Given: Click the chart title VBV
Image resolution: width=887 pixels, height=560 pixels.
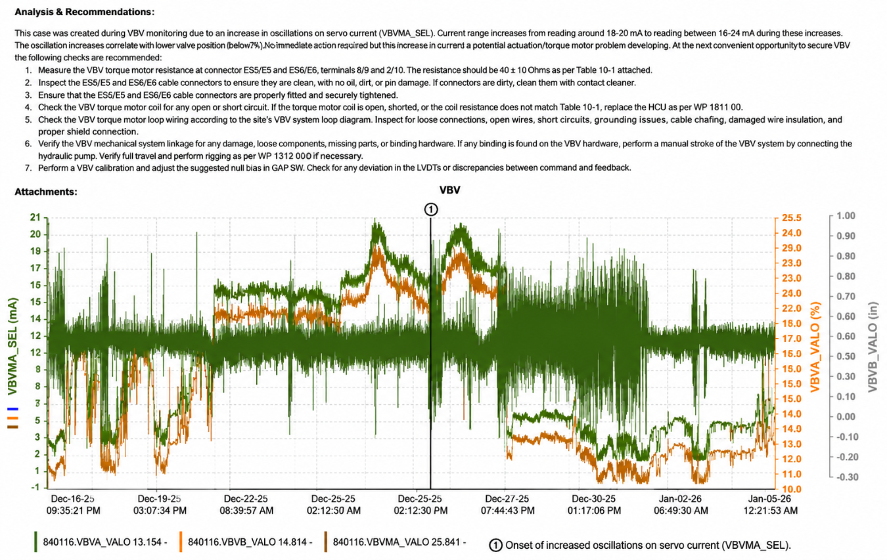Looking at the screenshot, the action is [x=449, y=190].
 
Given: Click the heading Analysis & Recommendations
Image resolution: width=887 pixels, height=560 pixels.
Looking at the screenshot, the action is [x=84, y=12].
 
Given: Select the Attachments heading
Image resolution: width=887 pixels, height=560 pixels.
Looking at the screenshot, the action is [x=46, y=192].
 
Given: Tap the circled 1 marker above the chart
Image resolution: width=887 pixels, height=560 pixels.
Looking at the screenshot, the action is [x=431, y=209].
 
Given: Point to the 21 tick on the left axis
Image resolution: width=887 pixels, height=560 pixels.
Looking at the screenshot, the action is [x=35, y=217].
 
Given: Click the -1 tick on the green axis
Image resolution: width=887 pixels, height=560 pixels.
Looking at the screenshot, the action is [x=36, y=487].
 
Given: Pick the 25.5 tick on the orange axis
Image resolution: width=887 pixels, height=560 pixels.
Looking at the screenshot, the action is [x=791, y=218].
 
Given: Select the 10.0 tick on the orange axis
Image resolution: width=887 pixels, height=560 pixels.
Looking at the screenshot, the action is [x=791, y=489].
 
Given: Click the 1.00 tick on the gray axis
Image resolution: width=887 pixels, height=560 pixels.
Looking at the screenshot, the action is [x=846, y=216].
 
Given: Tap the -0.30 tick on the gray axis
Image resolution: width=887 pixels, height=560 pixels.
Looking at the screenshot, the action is [x=847, y=477].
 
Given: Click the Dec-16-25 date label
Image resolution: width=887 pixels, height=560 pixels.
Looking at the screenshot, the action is [x=72, y=499].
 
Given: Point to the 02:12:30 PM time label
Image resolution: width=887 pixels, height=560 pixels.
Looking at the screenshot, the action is [x=420, y=511].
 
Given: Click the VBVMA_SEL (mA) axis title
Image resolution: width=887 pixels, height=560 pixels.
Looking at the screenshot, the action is [x=12, y=347].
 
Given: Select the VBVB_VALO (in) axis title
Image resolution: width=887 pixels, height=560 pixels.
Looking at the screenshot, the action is [x=873, y=347].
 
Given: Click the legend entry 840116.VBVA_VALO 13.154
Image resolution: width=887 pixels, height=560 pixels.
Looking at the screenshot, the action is [x=104, y=542].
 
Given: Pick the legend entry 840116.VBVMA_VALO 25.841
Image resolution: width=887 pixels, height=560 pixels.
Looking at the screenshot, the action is [x=399, y=542].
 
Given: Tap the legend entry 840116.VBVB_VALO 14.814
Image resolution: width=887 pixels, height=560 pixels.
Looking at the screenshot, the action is [x=250, y=542].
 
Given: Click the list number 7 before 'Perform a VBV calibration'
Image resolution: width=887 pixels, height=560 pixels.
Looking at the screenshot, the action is [x=28, y=168].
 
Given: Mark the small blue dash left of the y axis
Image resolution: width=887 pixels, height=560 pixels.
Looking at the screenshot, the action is [x=12, y=408].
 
